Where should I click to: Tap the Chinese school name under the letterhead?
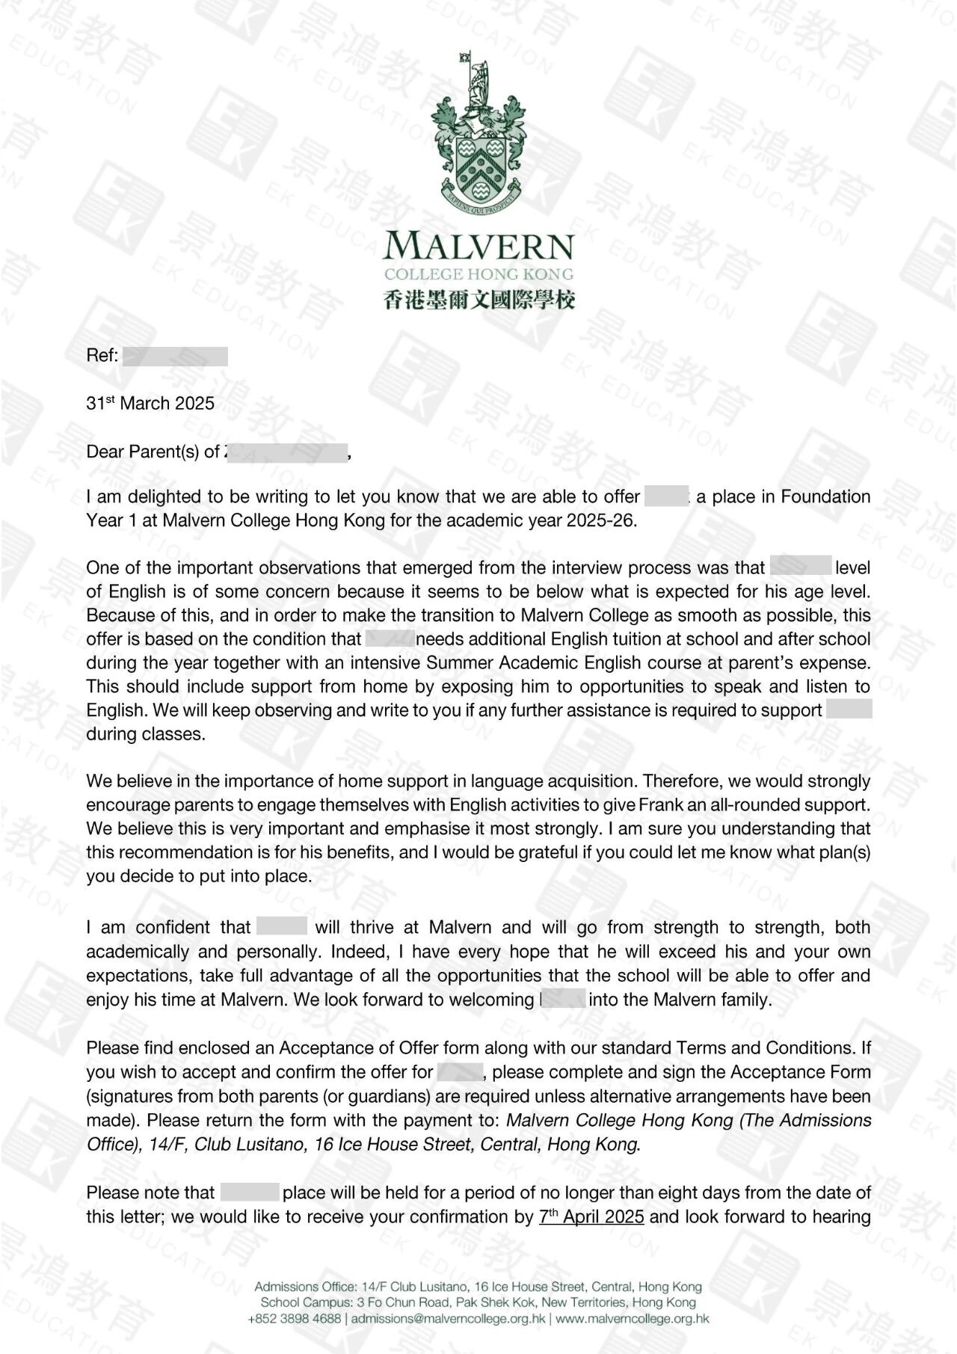[478, 300]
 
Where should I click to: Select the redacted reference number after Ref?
[175, 356]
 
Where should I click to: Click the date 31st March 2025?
[150, 404]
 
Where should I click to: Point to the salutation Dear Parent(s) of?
[153, 452]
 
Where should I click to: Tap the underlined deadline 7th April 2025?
[591, 1216]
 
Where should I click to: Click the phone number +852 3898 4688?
[294, 1319]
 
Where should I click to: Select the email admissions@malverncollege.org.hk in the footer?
[448, 1319]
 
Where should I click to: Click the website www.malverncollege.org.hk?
[633, 1319]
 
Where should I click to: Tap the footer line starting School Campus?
[478, 1302]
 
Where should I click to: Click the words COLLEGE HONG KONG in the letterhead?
[478, 274]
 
